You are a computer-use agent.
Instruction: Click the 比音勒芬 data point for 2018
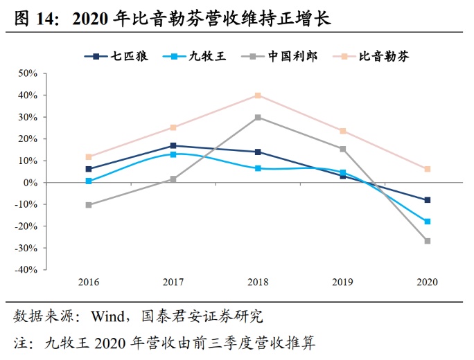click(258, 96)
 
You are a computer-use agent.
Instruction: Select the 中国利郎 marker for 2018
click(258, 118)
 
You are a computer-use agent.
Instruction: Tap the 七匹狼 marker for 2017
click(173, 146)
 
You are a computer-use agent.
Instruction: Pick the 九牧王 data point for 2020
click(427, 222)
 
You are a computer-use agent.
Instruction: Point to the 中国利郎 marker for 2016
click(89, 205)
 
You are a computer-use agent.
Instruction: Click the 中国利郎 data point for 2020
click(427, 241)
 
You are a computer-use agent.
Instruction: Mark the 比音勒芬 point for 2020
click(427, 169)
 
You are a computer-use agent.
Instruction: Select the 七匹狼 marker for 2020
click(427, 200)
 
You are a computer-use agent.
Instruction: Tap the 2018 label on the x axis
click(258, 282)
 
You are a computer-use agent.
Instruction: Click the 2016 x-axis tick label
click(89, 282)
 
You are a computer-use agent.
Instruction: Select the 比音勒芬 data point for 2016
click(89, 157)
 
